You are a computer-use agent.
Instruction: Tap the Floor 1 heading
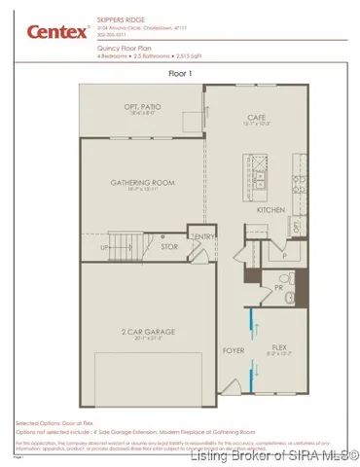(x=180, y=73)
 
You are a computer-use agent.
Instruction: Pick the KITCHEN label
(x=270, y=209)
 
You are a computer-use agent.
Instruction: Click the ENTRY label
(x=204, y=236)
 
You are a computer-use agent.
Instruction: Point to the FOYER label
(x=234, y=349)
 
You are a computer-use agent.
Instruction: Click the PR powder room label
(x=279, y=288)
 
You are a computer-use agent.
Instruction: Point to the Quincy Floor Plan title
(x=130, y=46)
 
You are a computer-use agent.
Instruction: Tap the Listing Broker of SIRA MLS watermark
(x=275, y=454)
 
